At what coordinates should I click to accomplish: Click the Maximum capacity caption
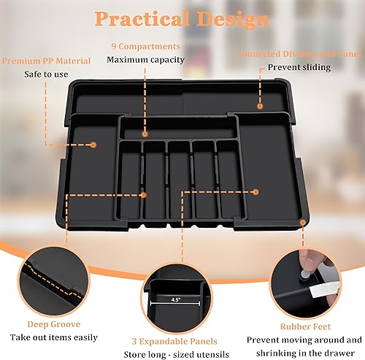coord(145,59)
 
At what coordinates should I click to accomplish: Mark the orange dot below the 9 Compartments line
coord(145,134)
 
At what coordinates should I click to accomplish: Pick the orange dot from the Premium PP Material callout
coord(93,145)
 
